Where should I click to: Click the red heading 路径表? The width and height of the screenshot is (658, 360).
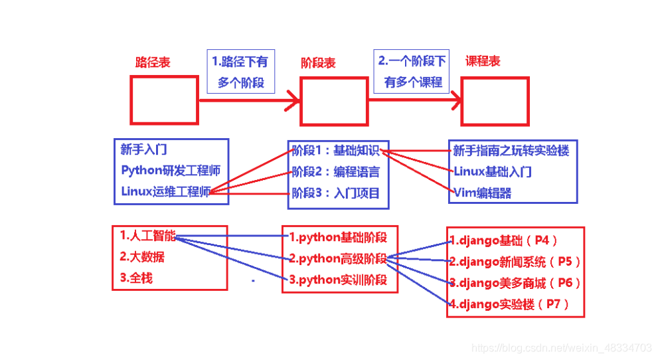153,62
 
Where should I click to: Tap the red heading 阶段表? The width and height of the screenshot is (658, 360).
319,63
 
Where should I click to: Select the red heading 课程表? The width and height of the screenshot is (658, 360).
483,61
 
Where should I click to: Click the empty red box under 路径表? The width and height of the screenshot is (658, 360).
164,100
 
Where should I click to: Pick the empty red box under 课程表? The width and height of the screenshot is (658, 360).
495,102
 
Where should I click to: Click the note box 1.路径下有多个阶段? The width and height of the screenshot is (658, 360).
240,72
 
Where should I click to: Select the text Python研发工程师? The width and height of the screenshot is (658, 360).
171,171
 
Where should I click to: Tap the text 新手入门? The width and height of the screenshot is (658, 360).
144,149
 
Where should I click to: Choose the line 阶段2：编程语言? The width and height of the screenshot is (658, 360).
336,172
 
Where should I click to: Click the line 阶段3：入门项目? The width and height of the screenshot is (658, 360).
336,193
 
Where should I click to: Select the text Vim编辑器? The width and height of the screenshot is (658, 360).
483,193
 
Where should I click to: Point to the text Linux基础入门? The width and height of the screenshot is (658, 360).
493,172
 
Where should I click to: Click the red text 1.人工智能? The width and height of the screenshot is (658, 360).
148,235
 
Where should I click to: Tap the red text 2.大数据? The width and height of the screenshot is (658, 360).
142,256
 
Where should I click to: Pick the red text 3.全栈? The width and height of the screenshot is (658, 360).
136,278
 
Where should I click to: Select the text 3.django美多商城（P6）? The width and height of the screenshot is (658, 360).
515,283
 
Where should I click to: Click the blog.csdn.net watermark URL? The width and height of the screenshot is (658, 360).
561,347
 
